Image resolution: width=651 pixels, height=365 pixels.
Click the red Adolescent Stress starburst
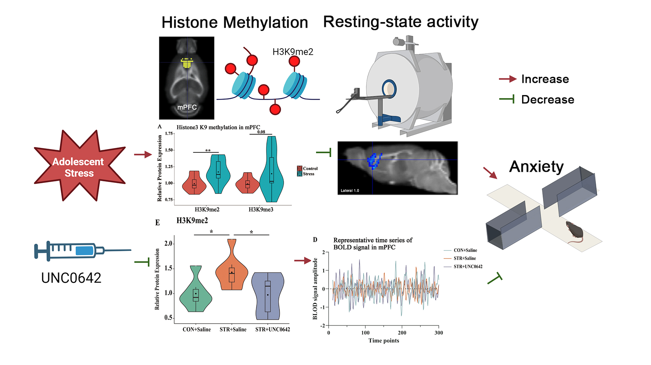(x=79, y=167)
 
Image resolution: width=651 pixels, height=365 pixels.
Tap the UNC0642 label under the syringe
(x=71, y=278)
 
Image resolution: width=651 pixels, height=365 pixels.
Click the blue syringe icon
(x=76, y=251)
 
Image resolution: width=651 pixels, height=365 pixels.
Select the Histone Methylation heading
(x=235, y=22)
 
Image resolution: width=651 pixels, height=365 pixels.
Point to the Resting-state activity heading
(x=400, y=22)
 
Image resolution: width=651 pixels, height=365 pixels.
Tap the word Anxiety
(x=536, y=167)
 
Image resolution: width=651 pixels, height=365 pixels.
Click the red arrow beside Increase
(x=507, y=79)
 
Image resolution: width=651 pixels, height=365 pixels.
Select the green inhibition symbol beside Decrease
(x=507, y=99)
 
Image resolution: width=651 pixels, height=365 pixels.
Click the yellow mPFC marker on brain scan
(x=187, y=63)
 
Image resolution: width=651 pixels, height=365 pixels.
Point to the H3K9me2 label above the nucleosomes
(x=293, y=52)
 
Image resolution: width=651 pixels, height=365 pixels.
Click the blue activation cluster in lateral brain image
(x=374, y=160)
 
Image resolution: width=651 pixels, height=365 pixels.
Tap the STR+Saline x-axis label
(x=233, y=330)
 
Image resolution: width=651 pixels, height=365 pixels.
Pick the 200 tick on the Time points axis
(x=402, y=333)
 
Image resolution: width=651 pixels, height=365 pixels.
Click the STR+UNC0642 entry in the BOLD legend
(x=468, y=267)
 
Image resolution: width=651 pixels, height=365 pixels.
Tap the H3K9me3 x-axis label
(x=261, y=209)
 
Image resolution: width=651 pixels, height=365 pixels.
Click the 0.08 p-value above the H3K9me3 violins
(x=261, y=132)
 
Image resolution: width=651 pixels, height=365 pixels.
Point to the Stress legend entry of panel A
(x=308, y=174)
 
